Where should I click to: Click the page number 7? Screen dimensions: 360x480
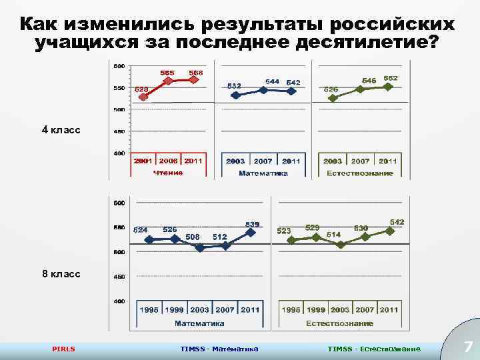point(467,347)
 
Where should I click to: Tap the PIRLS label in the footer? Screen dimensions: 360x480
point(64,349)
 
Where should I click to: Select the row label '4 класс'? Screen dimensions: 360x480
point(61,129)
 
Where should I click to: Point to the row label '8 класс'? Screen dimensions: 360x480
point(61,273)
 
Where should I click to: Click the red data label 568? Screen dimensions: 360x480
point(196,72)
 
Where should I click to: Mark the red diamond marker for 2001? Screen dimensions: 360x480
point(143,97)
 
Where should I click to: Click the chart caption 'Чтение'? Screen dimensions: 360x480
point(167,173)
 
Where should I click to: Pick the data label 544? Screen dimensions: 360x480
point(272,81)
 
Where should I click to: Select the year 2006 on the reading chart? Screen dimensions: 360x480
point(168,161)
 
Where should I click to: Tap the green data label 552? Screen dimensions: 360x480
point(391,78)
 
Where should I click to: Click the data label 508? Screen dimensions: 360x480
point(193,237)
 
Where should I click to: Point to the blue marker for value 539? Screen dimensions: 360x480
point(251,233)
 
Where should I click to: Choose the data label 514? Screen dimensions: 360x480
point(333,235)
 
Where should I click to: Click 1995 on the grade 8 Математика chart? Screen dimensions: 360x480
point(149,310)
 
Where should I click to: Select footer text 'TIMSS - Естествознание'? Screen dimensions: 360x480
point(374,349)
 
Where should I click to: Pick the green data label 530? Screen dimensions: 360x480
point(361,228)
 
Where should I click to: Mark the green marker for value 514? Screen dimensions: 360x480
point(341,245)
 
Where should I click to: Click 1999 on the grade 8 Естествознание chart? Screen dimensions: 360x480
point(316,310)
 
